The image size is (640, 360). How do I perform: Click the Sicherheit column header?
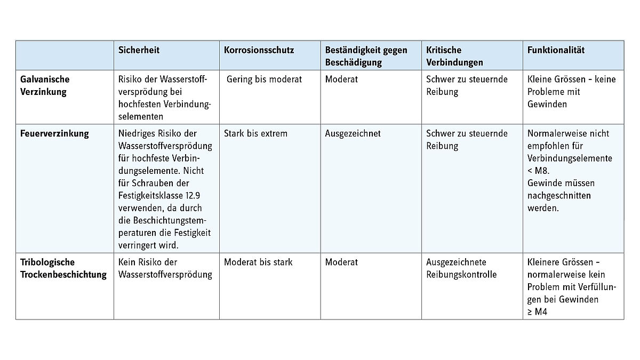coord(139,50)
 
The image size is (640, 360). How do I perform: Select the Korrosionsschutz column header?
coord(259,50)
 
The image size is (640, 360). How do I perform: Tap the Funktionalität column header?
coord(556,50)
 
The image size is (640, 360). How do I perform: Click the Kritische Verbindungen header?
coord(455,56)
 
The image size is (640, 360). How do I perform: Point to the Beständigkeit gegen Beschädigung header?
coord(366,56)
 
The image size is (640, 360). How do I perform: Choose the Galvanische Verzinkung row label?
coord(45,85)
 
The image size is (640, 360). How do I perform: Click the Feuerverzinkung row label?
coord(54,133)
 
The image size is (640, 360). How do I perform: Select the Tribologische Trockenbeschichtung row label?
coord(63,268)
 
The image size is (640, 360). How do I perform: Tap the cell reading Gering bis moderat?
coord(264,79)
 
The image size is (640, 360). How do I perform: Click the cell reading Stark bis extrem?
coord(255,133)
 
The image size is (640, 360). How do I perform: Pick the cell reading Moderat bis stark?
coord(258,262)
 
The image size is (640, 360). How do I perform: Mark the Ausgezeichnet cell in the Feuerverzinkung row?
coord(353,133)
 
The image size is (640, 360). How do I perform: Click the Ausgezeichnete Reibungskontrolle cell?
coord(461,268)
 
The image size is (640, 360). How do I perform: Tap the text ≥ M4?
coord(537,312)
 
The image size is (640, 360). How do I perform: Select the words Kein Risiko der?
coord(147,262)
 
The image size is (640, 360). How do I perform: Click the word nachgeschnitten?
coord(559,195)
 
